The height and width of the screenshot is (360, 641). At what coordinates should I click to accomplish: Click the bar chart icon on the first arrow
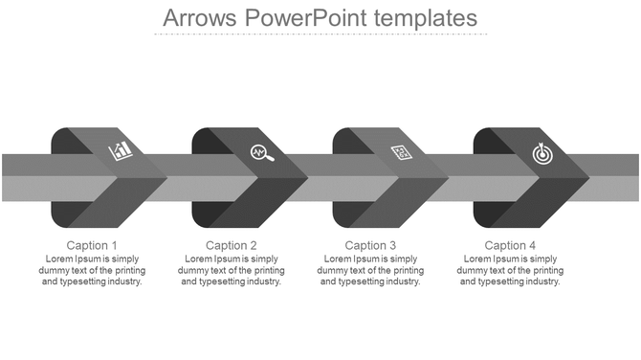click(122, 150)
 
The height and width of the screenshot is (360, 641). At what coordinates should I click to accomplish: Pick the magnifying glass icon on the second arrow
click(261, 152)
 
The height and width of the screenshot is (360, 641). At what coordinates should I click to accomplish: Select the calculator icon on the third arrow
click(402, 151)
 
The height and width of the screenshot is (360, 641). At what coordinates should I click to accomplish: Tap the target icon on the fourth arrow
click(542, 151)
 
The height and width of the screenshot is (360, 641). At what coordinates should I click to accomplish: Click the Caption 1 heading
click(93, 246)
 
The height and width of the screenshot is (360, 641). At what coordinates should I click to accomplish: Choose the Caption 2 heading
click(232, 246)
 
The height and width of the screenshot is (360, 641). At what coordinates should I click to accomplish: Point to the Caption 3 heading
click(370, 246)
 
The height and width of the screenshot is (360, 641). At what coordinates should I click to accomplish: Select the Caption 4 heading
click(511, 246)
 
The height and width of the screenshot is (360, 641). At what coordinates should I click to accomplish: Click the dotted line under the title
click(320, 34)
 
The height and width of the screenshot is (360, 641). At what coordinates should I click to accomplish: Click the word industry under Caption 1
click(123, 282)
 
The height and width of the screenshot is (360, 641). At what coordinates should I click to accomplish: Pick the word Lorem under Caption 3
click(338, 259)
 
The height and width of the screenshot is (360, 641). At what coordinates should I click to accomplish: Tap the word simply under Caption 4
click(543, 259)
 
